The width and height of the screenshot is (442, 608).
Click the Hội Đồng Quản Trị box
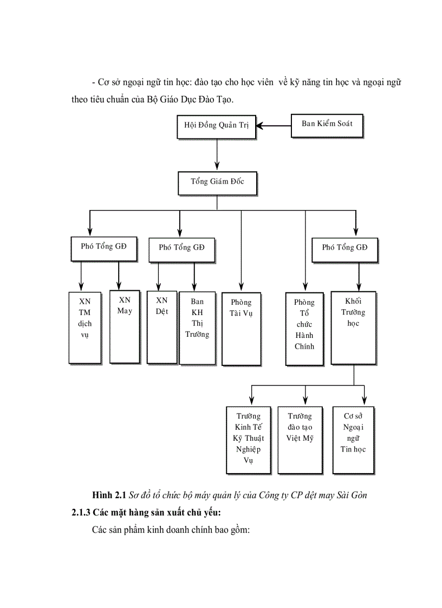(x=217, y=126)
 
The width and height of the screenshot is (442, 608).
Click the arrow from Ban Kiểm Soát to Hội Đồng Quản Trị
(x=274, y=126)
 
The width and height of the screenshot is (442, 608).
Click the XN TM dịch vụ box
(x=84, y=328)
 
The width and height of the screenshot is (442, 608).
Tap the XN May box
(x=125, y=326)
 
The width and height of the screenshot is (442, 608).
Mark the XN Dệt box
(x=161, y=326)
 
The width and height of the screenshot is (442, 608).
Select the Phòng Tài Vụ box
(x=241, y=329)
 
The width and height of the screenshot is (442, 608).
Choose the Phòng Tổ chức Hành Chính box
(x=304, y=328)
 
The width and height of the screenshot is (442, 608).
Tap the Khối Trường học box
(x=353, y=328)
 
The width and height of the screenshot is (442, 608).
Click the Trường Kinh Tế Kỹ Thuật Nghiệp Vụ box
(x=248, y=440)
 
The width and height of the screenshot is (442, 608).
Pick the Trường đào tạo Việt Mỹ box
(x=300, y=440)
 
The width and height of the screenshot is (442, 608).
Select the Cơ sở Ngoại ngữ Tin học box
(x=353, y=440)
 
